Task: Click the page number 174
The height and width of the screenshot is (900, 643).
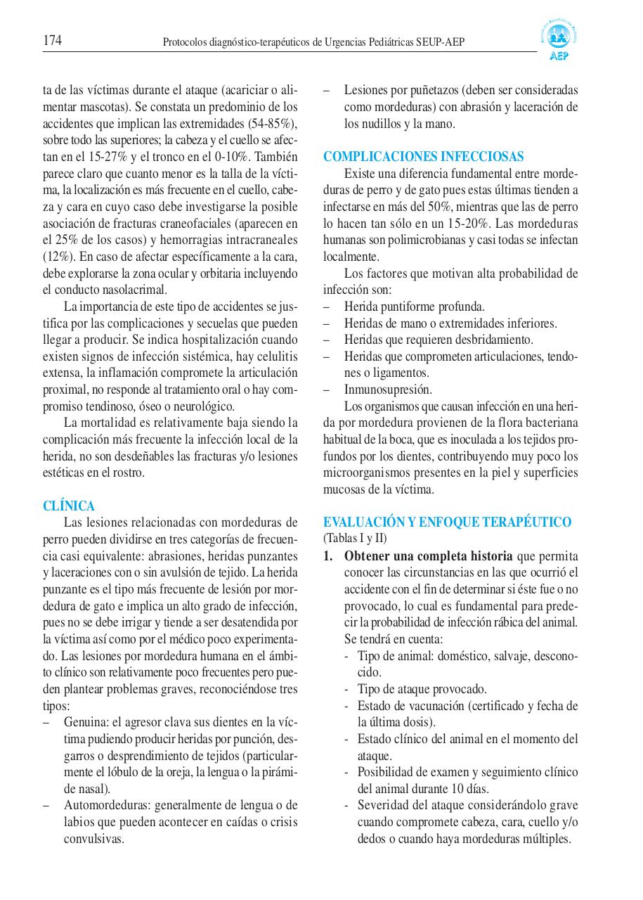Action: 53,41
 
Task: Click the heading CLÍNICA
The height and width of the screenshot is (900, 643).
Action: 69,506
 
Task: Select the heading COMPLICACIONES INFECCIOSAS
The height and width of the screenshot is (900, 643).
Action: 423,157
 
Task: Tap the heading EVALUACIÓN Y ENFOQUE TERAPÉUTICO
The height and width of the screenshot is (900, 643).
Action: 447,522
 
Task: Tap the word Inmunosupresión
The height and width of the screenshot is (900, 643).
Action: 388,390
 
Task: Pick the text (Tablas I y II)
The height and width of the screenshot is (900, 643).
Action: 355,539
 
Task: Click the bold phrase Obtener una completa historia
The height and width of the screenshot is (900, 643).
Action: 428,555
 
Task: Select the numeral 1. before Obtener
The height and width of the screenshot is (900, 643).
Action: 328,555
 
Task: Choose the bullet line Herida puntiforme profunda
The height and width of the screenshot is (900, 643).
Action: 414,307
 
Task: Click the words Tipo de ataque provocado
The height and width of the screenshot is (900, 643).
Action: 422,689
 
